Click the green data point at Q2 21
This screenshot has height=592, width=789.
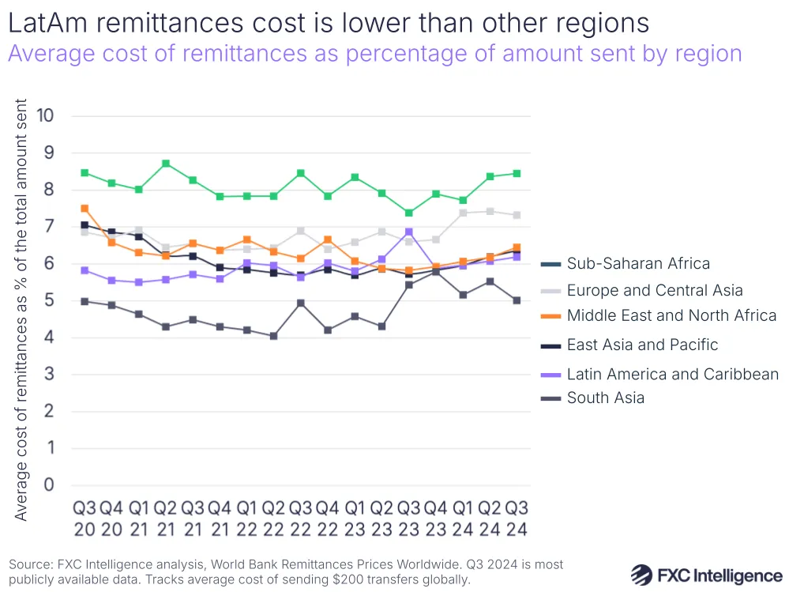pyautogui.click(x=165, y=164)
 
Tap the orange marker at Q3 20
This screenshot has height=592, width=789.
pyautogui.click(x=85, y=209)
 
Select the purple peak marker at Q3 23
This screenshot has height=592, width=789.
pyautogui.click(x=408, y=232)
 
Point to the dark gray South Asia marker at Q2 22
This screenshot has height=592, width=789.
pyautogui.click(x=273, y=336)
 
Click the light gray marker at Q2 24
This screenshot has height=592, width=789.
pyautogui.click(x=490, y=211)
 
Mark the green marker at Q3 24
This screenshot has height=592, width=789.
pyautogui.click(x=517, y=173)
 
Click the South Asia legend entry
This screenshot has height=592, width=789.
pyautogui.click(x=605, y=398)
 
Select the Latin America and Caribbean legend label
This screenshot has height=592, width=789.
pyautogui.click(x=672, y=374)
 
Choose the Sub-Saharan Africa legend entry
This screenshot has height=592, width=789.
pyautogui.click(x=638, y=264)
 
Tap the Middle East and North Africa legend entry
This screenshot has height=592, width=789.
pyautogui.click(x=671, y=315)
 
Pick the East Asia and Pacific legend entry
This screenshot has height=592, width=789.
pyautogui.click(x=642, y=345)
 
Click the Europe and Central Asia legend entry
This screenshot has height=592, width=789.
pyautogui.click(x=655, y=290)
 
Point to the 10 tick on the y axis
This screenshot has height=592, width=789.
pyautogui.click(x=44, y=116)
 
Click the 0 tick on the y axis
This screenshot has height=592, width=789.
pyautogui.click(x=49, y=485)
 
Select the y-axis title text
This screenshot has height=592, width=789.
pyautogui.click(x=21, y=310)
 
